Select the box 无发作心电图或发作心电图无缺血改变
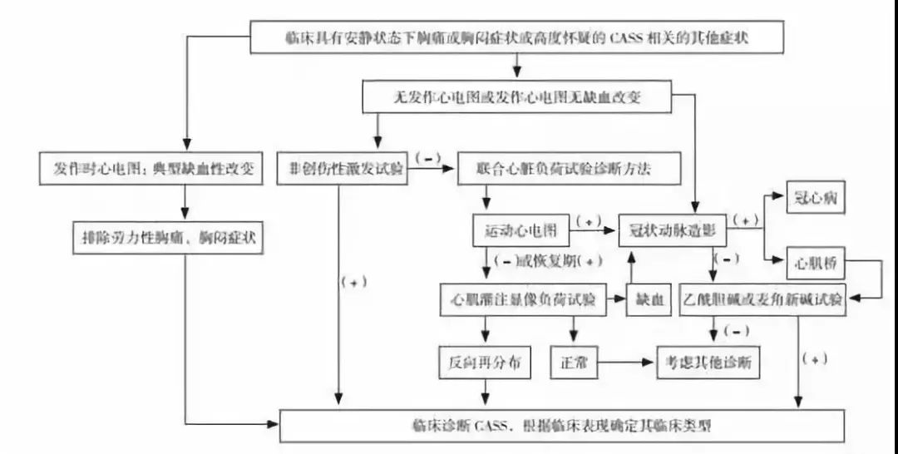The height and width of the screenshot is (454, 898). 516,97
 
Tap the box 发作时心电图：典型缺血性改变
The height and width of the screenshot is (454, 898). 151,168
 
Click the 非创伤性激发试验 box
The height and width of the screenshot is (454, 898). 342,168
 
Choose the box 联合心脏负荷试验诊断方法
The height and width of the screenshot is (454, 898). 570,168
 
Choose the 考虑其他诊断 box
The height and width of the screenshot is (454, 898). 708,363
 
